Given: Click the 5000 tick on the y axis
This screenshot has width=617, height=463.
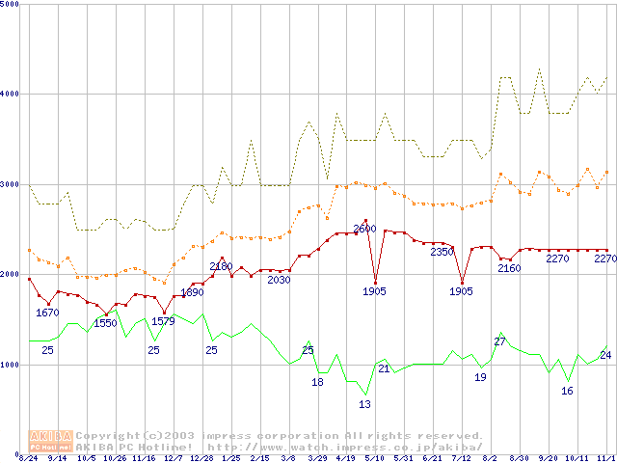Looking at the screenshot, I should pyautogui.click(x=12, y=4).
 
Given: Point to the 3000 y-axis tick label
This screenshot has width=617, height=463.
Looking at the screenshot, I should pyautogui.click(x=12, y=183).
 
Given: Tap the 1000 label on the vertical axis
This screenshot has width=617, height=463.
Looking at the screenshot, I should pyautogui.click(x=12, y=365).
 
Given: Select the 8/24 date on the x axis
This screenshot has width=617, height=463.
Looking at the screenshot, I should pyautogui.click(x=29, y=458).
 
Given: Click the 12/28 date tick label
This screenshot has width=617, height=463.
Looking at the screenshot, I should pyautogui.click(x=201, y=458).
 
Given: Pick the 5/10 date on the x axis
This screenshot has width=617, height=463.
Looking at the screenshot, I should pyautogui.click(x=374, y=458).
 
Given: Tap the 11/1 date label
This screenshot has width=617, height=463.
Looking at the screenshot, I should pyautogui.click(x=605, y=458).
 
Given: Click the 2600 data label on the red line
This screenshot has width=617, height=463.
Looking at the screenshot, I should pyautogui.click(x=364, y=229).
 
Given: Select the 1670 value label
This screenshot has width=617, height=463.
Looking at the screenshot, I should pyautogui.click(x=47, y=313).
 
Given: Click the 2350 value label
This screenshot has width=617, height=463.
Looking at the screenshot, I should pyautogui.click(x=442, y=252).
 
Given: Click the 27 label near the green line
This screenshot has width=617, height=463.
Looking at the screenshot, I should pyautogui.click(x=499, y=341).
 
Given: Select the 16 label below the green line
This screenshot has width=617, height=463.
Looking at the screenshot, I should pyautogui.click(x=567, y=391).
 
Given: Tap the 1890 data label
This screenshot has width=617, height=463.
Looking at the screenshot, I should pyautogui.click(x=192, y=292).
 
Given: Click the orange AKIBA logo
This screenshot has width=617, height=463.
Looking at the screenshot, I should pyautogui.click(x=50, y=440).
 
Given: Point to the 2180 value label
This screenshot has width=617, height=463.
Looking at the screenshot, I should pyautogui.click(x=221, y=266).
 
